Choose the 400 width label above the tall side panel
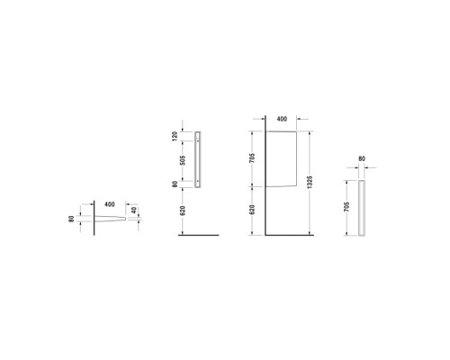point(283,119)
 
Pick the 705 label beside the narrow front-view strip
point(347,206)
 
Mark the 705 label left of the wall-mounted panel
point(253,155)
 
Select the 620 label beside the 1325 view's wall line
point(253,211)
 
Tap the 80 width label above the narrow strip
point(362,159)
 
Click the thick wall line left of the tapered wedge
point(94,218)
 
